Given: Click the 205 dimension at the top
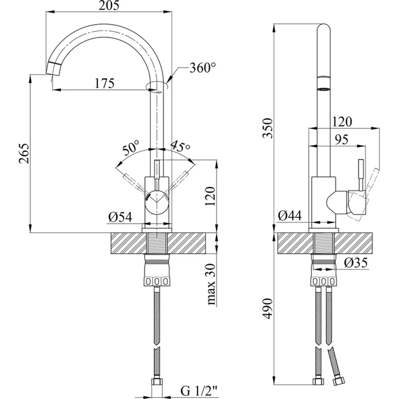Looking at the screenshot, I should tap(106, 6).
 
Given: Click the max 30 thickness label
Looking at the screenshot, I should tap(213, 282).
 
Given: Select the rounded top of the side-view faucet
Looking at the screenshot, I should tap(323, 28).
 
